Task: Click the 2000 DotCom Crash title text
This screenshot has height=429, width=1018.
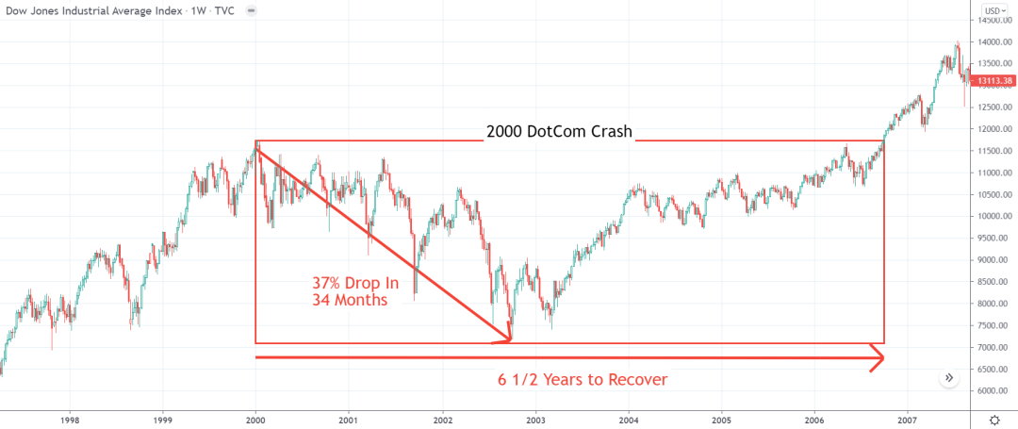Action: [x=559, y=132]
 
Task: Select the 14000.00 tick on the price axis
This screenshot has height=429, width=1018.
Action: [x=995, y=42]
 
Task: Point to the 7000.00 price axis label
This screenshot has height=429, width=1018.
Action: [x=993, y=347]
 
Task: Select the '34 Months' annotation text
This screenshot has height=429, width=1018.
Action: [x=350, y=300]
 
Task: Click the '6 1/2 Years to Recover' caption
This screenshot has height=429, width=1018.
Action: [x=583, y=380]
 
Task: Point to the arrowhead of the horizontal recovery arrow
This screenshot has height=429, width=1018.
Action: [x=878, y=358]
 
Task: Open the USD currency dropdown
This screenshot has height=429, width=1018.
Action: [x=996, y=11]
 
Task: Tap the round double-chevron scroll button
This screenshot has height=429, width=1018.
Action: [x=949, y=377]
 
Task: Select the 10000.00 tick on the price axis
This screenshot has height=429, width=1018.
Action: [x=993, y=217]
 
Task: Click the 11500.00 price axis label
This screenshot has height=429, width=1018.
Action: [x=993, y=151]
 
